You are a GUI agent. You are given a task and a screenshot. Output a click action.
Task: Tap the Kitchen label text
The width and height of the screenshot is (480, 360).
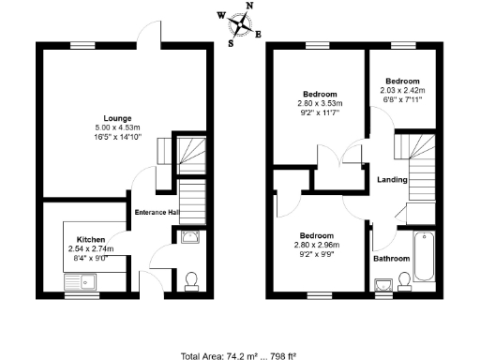(x=91, y=240)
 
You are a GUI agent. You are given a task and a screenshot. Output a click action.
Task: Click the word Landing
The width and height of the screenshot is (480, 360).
(x=391, y=180)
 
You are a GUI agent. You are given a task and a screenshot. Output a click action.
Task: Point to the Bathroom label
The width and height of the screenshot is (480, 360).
(x=391, y=259)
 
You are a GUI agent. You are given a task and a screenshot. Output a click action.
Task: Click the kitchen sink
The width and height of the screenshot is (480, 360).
(x=82, y=280)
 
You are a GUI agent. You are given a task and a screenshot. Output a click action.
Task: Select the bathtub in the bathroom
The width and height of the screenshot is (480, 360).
(x=422, y=257)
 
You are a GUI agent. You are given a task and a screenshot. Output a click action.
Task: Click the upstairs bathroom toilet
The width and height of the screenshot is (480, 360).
(x=405, y=280)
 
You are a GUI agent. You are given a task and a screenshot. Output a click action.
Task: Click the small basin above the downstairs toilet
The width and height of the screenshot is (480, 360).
(x=189, y=238)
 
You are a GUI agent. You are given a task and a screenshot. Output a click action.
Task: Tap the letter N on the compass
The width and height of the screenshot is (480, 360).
(x=249, y=6)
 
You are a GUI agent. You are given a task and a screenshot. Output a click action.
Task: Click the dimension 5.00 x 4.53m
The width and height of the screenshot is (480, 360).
(x=117, y=127)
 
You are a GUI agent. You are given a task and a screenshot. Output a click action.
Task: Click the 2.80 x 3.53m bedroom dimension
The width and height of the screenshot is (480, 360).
(x=320, y=103)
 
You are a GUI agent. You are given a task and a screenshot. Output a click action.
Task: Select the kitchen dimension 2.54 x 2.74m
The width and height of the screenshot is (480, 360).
(x=91, y=249)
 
